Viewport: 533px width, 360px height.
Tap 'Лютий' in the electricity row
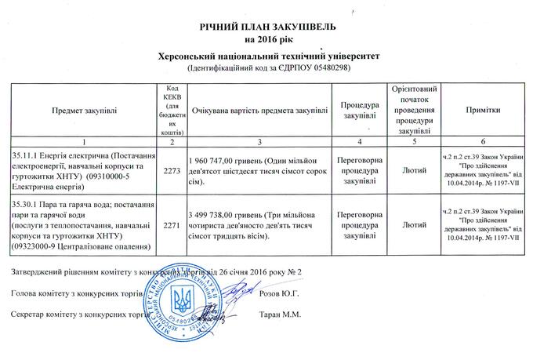[413, 169]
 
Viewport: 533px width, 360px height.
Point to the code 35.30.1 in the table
[27, 204]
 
